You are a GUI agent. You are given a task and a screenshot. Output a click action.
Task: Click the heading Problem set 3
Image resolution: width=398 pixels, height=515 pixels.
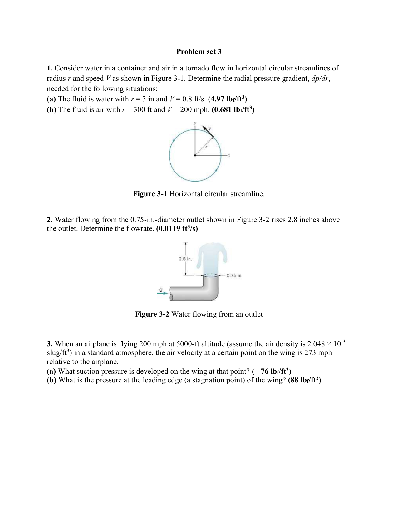[199, 51]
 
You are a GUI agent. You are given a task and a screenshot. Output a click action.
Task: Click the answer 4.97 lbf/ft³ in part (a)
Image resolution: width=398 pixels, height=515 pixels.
[227, 99]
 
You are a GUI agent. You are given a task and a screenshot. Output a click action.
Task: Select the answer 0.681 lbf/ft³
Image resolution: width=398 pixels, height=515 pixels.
[233, 109]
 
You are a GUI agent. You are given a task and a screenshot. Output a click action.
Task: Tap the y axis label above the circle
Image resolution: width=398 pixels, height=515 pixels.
[195, 123]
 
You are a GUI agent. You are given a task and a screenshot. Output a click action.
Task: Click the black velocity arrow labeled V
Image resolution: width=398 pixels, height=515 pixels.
[208, 132]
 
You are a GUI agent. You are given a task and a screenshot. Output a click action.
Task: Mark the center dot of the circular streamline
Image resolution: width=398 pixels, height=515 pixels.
[195, 155]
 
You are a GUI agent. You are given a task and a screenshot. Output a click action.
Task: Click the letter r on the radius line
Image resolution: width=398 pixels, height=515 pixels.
[206, 146]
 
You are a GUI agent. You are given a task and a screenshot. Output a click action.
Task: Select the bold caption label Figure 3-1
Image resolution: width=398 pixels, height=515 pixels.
[150, 194]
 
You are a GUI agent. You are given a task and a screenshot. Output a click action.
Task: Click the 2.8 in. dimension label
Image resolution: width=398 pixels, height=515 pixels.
[185, 259]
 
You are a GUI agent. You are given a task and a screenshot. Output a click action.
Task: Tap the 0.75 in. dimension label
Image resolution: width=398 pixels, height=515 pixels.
[234, 275]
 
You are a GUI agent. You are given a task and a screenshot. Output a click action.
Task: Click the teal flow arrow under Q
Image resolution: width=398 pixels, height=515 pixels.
[160, 293]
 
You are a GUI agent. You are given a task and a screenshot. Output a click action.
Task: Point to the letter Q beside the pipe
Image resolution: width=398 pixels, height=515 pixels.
[160, 289]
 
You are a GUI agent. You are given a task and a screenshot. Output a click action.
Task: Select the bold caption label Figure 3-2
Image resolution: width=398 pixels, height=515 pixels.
[152, 314]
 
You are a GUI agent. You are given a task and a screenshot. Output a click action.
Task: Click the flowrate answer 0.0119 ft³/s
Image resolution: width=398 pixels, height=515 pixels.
[177, 228]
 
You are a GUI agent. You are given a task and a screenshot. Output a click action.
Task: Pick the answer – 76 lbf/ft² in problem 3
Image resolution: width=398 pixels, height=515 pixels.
[271, 371]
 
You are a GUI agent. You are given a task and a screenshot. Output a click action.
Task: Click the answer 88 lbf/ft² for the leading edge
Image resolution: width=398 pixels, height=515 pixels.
[304, 380]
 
